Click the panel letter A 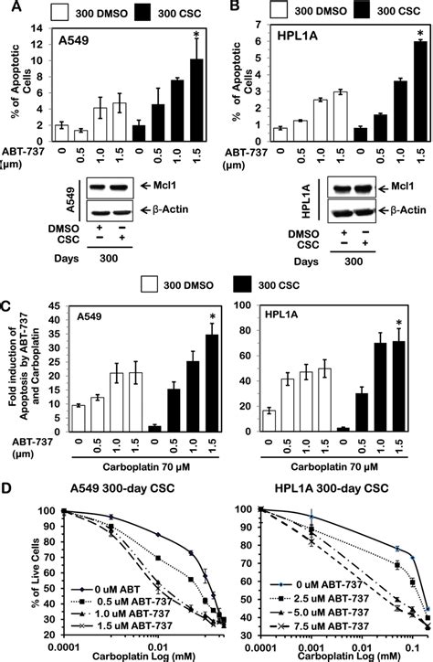8,8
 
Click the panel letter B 226,8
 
